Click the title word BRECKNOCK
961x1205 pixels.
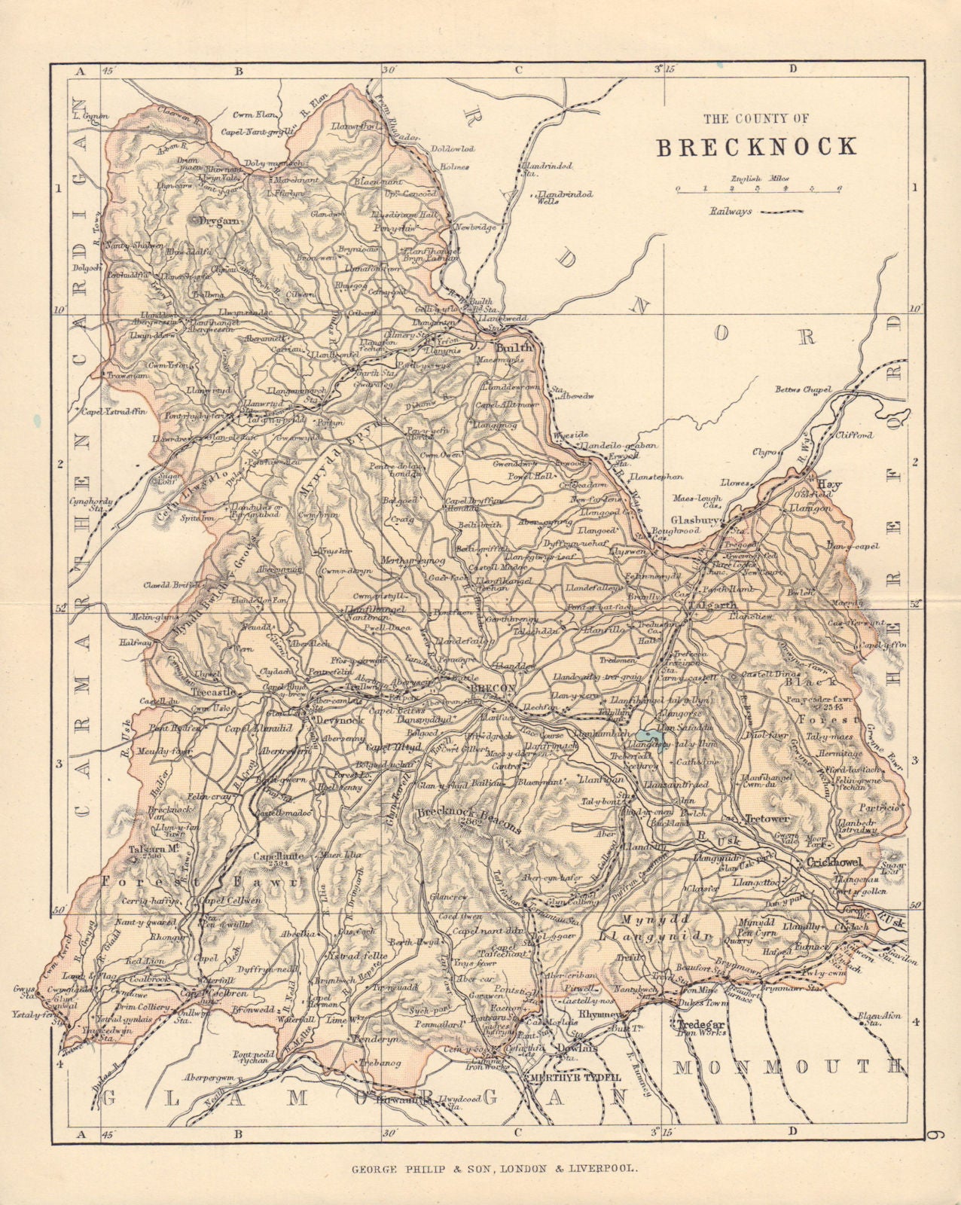coord(756,146)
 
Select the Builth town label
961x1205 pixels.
coord(513,348)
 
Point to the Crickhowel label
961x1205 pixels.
coord(833,862)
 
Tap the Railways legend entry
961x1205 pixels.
coord(754,212)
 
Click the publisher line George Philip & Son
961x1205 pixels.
coord(495,1170)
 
